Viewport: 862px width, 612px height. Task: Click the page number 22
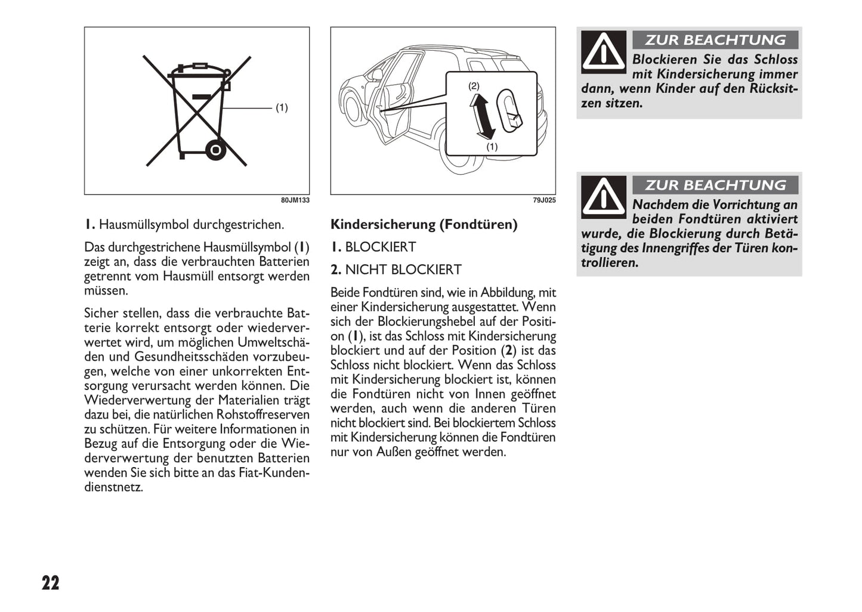[x=51, y=583]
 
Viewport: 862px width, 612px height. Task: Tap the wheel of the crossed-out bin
[x=215, y=149]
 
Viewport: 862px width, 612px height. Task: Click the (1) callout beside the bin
[x=282, y=107]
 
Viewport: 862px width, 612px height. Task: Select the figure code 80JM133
[x=295, y=200]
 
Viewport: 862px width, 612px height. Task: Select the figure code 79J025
[x=544, y=200]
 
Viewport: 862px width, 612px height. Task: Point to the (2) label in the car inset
[x=474, y=86]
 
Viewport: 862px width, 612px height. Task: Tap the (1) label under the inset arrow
[x=492, y=146]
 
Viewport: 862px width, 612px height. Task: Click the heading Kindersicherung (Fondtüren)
[x=424, y=224]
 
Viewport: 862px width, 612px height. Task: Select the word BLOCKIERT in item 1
[x=381, y=247]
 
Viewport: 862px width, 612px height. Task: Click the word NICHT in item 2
[x=366, y=270]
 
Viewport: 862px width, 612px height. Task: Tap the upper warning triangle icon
[x=604, y=52]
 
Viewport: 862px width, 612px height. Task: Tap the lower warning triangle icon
[x=604, y=197]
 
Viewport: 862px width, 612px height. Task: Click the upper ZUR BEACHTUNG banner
[x=715, y=40]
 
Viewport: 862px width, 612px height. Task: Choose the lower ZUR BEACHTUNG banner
[x=715, y=185]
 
